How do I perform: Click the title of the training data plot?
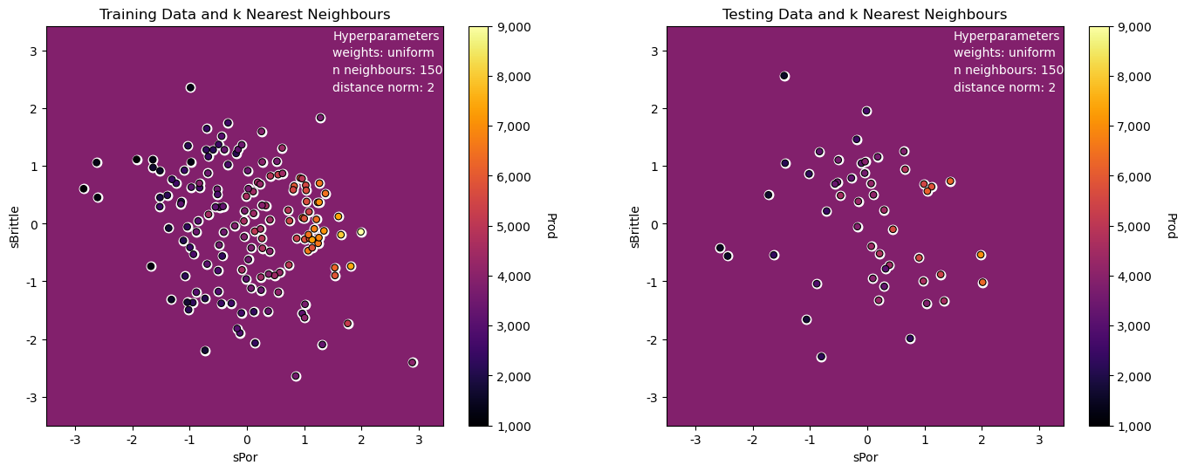point(244,14)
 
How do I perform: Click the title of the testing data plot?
point(865,14)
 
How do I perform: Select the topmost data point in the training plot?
point(190,87)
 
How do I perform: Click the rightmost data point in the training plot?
point(413,362)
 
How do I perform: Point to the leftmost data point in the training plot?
point(84,188)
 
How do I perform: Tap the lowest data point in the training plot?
point(296,376)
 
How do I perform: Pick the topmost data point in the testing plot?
point(784,76)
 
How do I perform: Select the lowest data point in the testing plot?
point(821,357)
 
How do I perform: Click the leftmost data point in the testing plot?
point(720,248)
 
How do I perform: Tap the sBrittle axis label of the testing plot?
point(635,226)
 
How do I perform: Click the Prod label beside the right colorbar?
point(1171,225)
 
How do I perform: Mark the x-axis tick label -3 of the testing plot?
point(695,439)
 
